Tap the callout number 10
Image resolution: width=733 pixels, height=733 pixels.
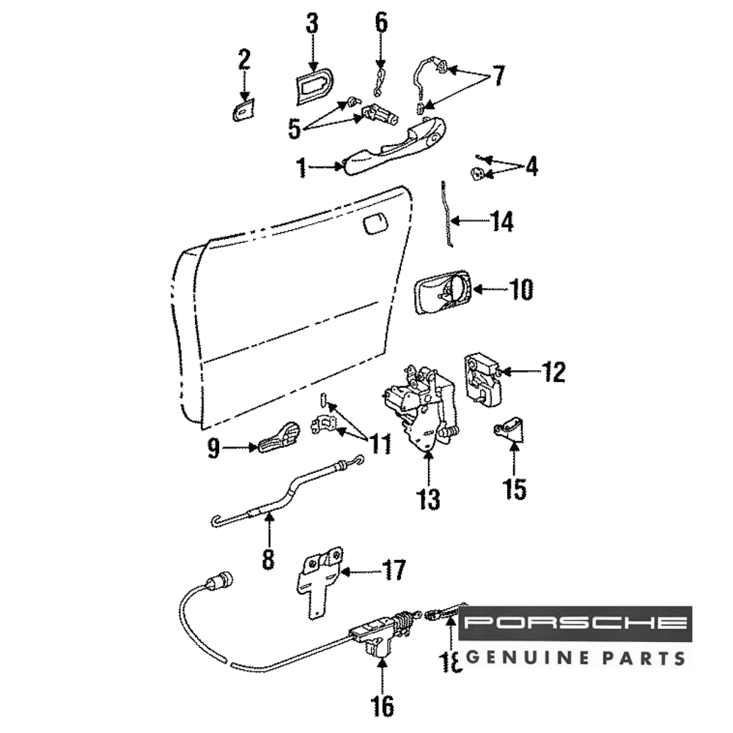521,290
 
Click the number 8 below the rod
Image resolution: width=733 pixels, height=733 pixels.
268,559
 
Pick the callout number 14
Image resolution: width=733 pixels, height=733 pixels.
501,221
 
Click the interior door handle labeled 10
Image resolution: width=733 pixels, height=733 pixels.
443,292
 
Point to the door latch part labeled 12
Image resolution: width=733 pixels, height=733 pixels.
482,378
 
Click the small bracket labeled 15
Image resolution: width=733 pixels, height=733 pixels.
511,428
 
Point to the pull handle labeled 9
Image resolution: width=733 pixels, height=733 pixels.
278,438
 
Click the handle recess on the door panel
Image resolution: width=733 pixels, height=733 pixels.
375,224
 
